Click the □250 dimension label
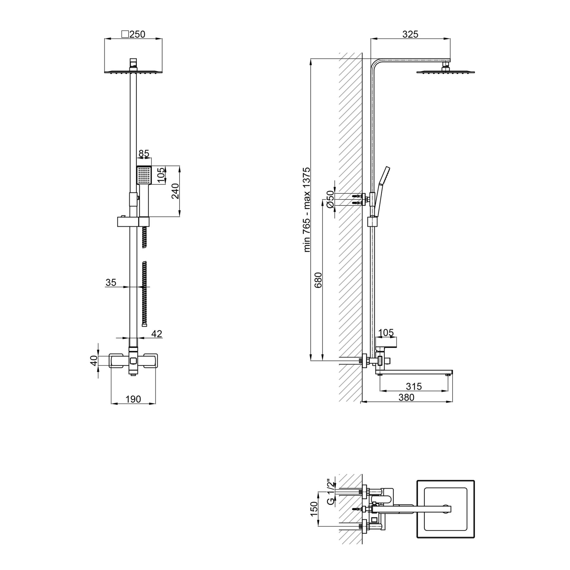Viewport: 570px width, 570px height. point(133,34)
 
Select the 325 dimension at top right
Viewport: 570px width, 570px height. point(410,34)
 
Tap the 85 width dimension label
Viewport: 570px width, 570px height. point(144,154)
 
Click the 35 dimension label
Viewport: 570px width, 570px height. point(111,282)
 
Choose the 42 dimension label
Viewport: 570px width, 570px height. point(157,334)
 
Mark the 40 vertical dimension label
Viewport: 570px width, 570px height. point(94,360)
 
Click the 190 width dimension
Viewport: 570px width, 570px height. point(133,399)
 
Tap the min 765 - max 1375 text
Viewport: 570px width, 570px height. point(307,210)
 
